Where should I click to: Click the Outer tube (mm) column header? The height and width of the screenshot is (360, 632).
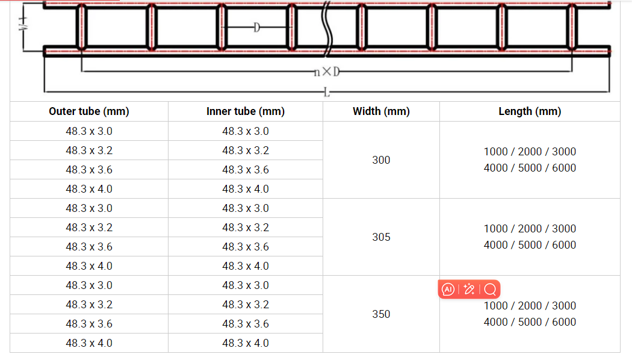point(89,111)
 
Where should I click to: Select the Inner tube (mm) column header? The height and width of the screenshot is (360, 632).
point(246,111)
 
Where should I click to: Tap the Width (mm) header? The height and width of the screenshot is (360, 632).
point(381,111)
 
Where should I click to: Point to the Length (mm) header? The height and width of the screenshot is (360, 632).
point(530,111)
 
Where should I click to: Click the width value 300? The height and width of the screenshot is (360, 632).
point(381,160)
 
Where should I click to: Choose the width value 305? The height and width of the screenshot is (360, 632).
point(381,237)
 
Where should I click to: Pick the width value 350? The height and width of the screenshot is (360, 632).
point(381,314)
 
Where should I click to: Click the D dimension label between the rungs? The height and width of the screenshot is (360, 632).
point(256,28)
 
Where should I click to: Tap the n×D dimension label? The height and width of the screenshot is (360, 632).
point(326,72)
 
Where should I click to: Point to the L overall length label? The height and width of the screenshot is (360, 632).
point(326,92)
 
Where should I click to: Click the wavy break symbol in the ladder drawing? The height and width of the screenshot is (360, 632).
point(327,27)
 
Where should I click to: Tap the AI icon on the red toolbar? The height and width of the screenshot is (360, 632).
point(448,290)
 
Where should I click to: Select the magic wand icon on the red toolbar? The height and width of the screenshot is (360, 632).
point(469,290)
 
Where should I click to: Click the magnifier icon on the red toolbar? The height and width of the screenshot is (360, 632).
point(490,290)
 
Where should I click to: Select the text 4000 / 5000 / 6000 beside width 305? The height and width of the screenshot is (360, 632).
point(530,245)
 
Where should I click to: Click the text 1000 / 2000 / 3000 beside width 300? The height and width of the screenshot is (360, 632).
point(530,152)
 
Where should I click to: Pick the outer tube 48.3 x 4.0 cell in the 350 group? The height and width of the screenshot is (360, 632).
point(89,343)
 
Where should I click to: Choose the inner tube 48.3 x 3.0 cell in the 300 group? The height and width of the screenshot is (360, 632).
point(246,131)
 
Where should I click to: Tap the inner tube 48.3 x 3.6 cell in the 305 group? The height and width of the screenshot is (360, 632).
point(246,247)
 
